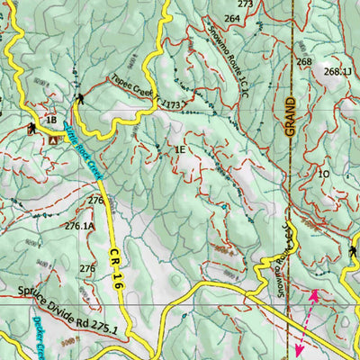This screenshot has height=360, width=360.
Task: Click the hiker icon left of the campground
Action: coord(32,129)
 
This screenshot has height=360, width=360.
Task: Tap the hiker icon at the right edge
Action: coord(352,253)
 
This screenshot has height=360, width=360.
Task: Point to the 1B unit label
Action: coord(51,121)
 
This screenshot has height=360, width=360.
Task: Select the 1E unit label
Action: coord(180,148)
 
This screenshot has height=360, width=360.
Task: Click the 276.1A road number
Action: coord(79,227)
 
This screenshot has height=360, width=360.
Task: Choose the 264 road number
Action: coord(232,18)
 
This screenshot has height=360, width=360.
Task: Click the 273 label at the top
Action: coord(245,4)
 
